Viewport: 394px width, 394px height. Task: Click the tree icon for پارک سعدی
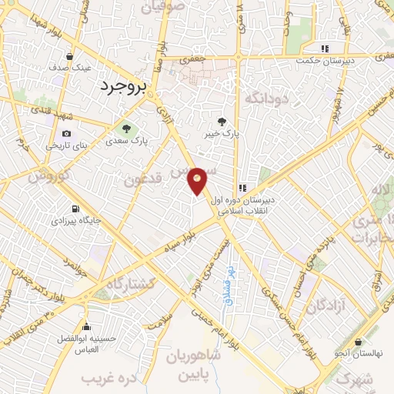126,127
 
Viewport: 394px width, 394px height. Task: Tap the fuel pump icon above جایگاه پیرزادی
75,209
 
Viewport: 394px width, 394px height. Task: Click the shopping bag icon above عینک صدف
70,56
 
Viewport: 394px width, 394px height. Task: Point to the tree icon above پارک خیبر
222,121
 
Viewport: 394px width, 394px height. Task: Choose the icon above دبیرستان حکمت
325,48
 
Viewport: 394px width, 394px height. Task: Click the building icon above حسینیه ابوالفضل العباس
87,326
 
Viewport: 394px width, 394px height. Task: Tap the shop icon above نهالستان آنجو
359,342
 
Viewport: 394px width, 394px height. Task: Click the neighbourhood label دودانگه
265,98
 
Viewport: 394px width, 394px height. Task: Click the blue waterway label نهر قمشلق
227,282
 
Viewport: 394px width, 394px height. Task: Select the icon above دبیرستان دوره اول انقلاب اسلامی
242,187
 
